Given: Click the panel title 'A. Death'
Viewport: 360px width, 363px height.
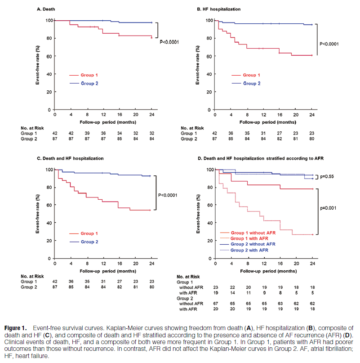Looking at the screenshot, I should click(x=46, y=8).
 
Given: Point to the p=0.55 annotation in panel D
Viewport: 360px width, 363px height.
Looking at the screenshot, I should click(x=330, y=177).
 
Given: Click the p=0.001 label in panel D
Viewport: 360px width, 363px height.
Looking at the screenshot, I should click(x=330, y=209).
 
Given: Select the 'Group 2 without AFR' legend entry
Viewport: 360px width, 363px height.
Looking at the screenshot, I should click(x=252, y=243).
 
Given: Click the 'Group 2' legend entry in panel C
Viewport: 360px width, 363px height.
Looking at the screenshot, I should click(x=89, y=242).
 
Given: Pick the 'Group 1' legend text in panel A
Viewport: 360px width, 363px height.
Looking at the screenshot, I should click(x=89, y=75).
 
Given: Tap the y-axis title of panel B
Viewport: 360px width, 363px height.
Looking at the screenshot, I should click(x=198, y=65).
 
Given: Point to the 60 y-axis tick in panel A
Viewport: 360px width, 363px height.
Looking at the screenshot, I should click(x=48, y=56).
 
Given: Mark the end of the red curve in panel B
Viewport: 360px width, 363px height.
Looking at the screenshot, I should click(x=311, y=55).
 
